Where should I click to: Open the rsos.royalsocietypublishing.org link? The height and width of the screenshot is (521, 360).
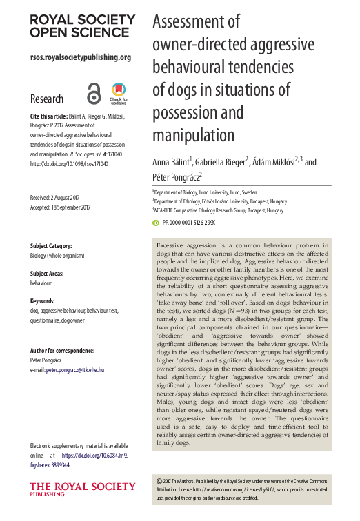tap(81, 57)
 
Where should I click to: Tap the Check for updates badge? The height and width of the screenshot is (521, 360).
tap(119, 92)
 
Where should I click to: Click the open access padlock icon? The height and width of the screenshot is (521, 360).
tap(94, 92)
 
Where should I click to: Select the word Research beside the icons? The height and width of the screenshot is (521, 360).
tap(47, 99)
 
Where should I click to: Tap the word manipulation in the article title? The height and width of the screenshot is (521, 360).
tap(194, 132)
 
